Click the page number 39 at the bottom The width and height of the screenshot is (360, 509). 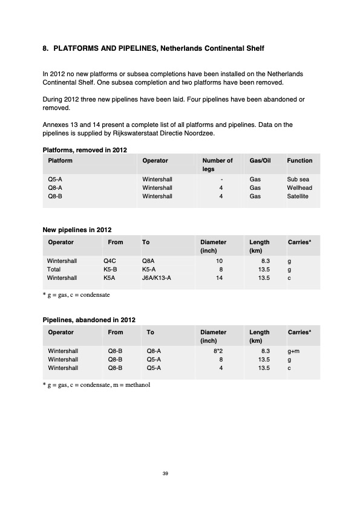(165, 473)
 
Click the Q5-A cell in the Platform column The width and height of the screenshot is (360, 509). (55, 180)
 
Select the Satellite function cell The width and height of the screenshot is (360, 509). (298, 196)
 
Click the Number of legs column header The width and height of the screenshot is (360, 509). (217, 165)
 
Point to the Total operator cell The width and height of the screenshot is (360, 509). (54, 269)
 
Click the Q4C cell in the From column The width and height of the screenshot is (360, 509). (110, 261)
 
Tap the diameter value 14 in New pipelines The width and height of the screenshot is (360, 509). (219, 277)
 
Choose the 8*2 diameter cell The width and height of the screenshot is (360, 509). (218, 351)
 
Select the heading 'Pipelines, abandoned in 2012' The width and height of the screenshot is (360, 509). (88, 320)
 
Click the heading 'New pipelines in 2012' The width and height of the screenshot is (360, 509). (76, 230)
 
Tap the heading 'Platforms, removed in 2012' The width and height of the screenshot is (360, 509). (84, 149)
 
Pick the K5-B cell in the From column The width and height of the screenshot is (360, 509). (110, 269)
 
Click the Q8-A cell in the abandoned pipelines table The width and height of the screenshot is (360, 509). (154, 351)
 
